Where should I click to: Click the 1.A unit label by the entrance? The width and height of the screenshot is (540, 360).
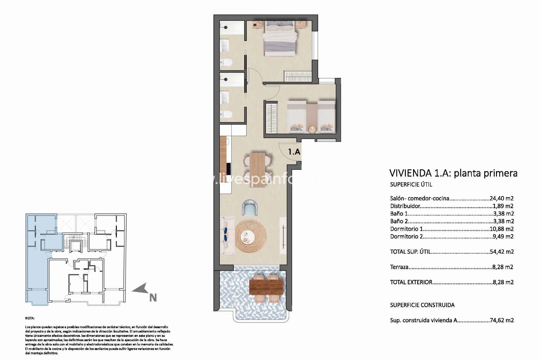294,152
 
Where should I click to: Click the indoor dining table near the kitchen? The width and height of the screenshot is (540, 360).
258,166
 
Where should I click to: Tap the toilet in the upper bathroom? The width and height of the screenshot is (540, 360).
226,62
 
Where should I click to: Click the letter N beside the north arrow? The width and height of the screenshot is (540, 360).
153,298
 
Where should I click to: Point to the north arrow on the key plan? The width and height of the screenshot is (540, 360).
140,289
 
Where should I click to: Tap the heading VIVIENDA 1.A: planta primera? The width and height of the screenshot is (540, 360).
453,173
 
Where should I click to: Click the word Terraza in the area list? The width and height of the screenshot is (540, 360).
399,267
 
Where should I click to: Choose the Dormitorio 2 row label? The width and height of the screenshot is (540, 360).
406,237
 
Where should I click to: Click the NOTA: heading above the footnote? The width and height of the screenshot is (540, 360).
30,318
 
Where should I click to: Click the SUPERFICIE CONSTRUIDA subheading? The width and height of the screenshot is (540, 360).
422,305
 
